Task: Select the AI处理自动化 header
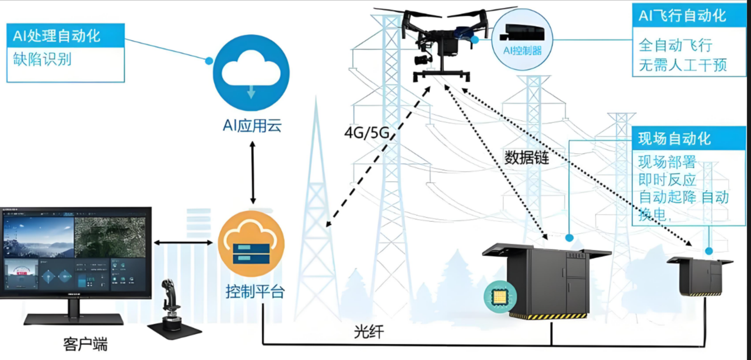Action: [x=56, y=36]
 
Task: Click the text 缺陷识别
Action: [x=42, y=59]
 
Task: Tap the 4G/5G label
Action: [x=366, y=134]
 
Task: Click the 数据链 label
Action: [x=527, y=158]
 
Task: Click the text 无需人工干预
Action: [x=683, y=65]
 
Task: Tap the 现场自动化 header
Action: [x=675, y=138]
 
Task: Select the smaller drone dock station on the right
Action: [x=700, y=276]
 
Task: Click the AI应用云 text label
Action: [x=251, y=126]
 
